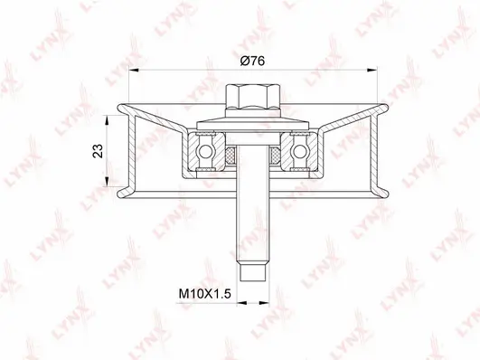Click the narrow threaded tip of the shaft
click(252, 270)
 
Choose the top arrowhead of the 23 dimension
click(112, 118)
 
